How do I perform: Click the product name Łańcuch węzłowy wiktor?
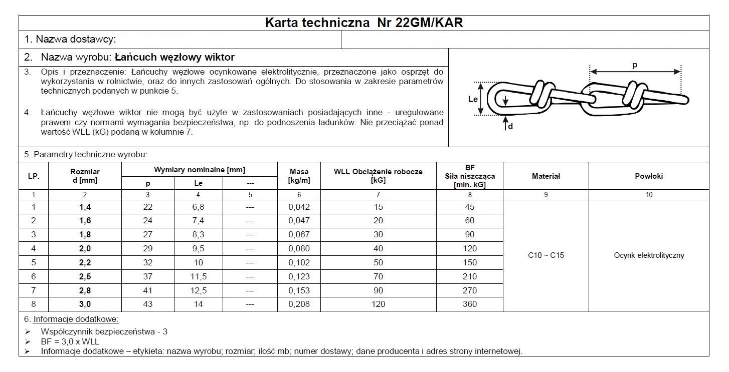pos(174,57)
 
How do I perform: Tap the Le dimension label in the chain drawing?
pos(473,99)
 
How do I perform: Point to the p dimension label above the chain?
pos(635,66)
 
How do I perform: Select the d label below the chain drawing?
pos(510,127)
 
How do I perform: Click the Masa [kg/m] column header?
pos(299,176)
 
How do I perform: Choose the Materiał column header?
pos(545,176)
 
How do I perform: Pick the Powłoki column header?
pos(648,176)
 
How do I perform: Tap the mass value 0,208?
pos(299,304)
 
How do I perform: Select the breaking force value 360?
pos(470,304)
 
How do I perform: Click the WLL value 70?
pos(378,276)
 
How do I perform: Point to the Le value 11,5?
pos(198,276)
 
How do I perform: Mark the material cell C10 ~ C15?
pos(545,255)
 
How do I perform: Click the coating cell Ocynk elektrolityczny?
pos(648,255)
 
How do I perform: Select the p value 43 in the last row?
pos(147,304)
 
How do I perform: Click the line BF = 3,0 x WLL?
pos(70,342)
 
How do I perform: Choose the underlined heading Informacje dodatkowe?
pos(76,319)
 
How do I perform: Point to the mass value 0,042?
pos(299,207)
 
